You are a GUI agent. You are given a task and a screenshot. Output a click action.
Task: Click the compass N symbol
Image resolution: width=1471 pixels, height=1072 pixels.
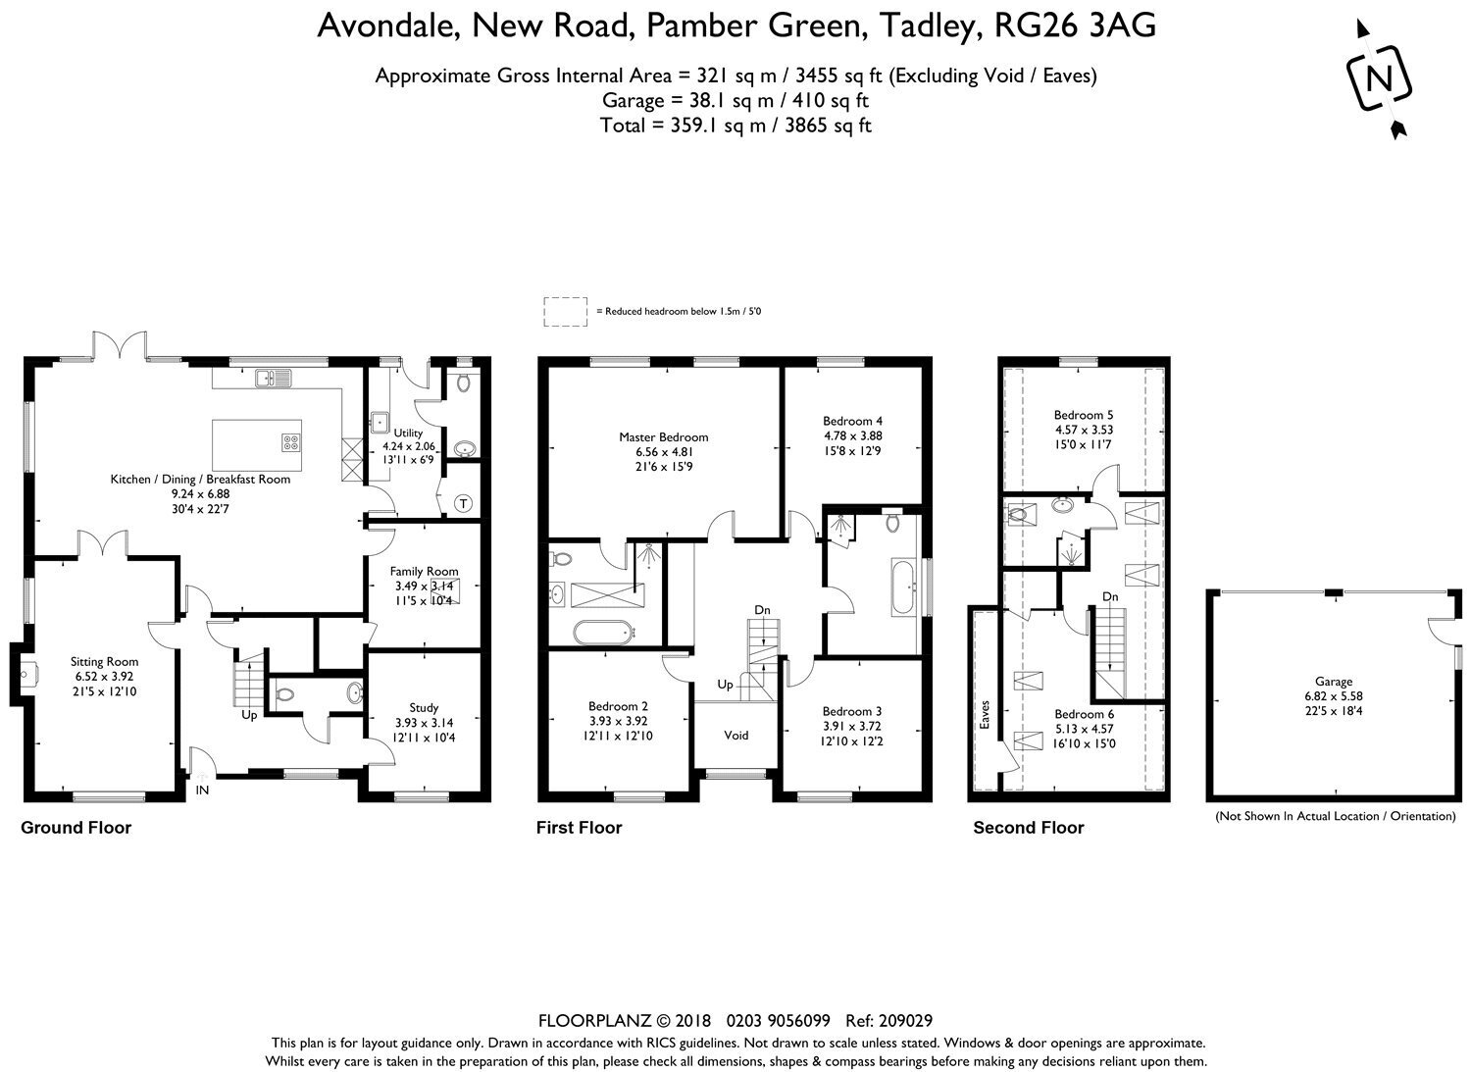point(1379,79)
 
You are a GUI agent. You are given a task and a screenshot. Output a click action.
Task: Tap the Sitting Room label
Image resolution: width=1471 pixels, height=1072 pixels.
point(104,661)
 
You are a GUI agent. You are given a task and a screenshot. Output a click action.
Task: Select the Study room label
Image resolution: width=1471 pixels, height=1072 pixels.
point(424,707)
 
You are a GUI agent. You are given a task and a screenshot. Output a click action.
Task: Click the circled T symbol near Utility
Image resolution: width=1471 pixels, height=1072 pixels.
point(464,504)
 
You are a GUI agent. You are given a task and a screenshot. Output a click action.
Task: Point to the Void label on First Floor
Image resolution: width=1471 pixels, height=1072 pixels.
point(736,735)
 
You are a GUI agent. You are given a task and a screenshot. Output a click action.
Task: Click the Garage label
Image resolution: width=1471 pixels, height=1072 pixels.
point(1333,682)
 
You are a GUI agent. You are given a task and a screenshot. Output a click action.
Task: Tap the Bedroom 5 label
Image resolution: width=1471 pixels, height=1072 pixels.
point(1084,415)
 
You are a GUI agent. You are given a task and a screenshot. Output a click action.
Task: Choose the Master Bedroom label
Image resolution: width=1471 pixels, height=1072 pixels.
point(663,436)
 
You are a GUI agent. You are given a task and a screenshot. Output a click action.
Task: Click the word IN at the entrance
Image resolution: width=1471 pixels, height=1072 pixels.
point(202,791)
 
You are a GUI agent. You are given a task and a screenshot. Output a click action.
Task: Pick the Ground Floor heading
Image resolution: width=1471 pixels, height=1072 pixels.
point(76,828)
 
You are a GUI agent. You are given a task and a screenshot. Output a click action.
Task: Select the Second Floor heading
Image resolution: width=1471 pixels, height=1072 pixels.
point(1029,828)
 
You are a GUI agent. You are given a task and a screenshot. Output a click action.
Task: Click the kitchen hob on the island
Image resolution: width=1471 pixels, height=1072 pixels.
point(291,442)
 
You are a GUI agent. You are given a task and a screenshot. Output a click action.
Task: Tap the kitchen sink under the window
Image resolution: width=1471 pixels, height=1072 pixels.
point(274,378)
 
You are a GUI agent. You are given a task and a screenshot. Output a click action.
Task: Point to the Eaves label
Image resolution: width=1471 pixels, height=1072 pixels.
point(985,715)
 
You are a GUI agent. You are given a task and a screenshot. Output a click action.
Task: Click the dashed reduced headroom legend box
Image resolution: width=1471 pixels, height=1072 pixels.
point(566,312)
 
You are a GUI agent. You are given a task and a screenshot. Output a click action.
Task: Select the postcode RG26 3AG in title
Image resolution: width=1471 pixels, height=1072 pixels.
point(1075,26)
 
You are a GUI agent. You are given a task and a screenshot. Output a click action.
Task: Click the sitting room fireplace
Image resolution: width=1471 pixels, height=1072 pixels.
point(24,674)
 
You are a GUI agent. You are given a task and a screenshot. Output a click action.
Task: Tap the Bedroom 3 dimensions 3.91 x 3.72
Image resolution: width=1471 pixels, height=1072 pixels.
point(852,726)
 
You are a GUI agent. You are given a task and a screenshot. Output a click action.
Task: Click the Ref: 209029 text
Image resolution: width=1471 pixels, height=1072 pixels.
point(889,1021)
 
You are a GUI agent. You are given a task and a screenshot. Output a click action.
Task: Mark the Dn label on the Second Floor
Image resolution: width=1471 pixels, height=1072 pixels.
point(1110,596)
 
